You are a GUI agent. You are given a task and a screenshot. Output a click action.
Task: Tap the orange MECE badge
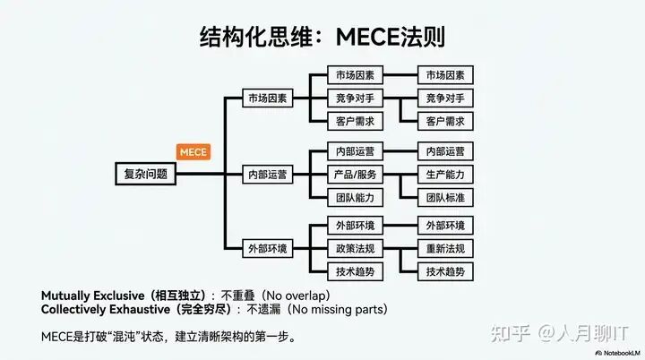click(x=193, y=152)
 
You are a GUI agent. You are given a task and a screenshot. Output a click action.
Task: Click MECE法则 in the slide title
click(x=391, y=38)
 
